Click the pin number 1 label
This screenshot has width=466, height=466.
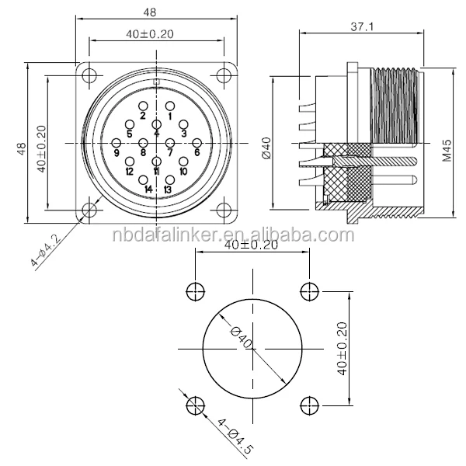click(170, 116)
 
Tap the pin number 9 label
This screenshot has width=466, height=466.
click(116, 154)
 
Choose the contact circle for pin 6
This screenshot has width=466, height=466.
click(196, 142)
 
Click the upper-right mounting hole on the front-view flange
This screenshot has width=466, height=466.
click(224, 75)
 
